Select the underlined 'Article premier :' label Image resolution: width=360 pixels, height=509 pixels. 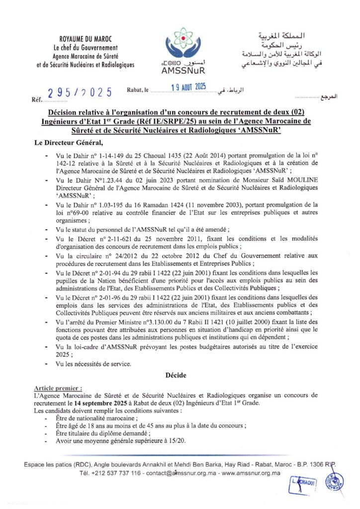click(58, 387)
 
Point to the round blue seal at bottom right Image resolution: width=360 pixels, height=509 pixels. click(334, 482)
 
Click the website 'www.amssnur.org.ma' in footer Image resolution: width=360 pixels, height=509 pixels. click(251, 473)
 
